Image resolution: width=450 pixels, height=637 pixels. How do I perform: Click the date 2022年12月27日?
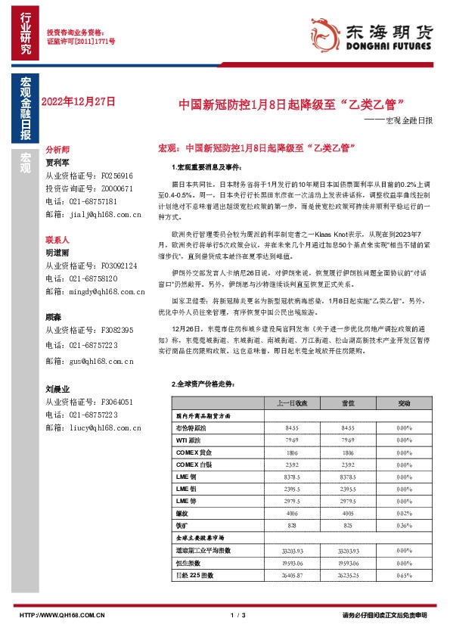point(79,101)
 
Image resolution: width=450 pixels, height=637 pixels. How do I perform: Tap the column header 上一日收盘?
point(293,403)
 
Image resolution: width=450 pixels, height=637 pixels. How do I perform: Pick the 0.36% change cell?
point(404,524)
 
